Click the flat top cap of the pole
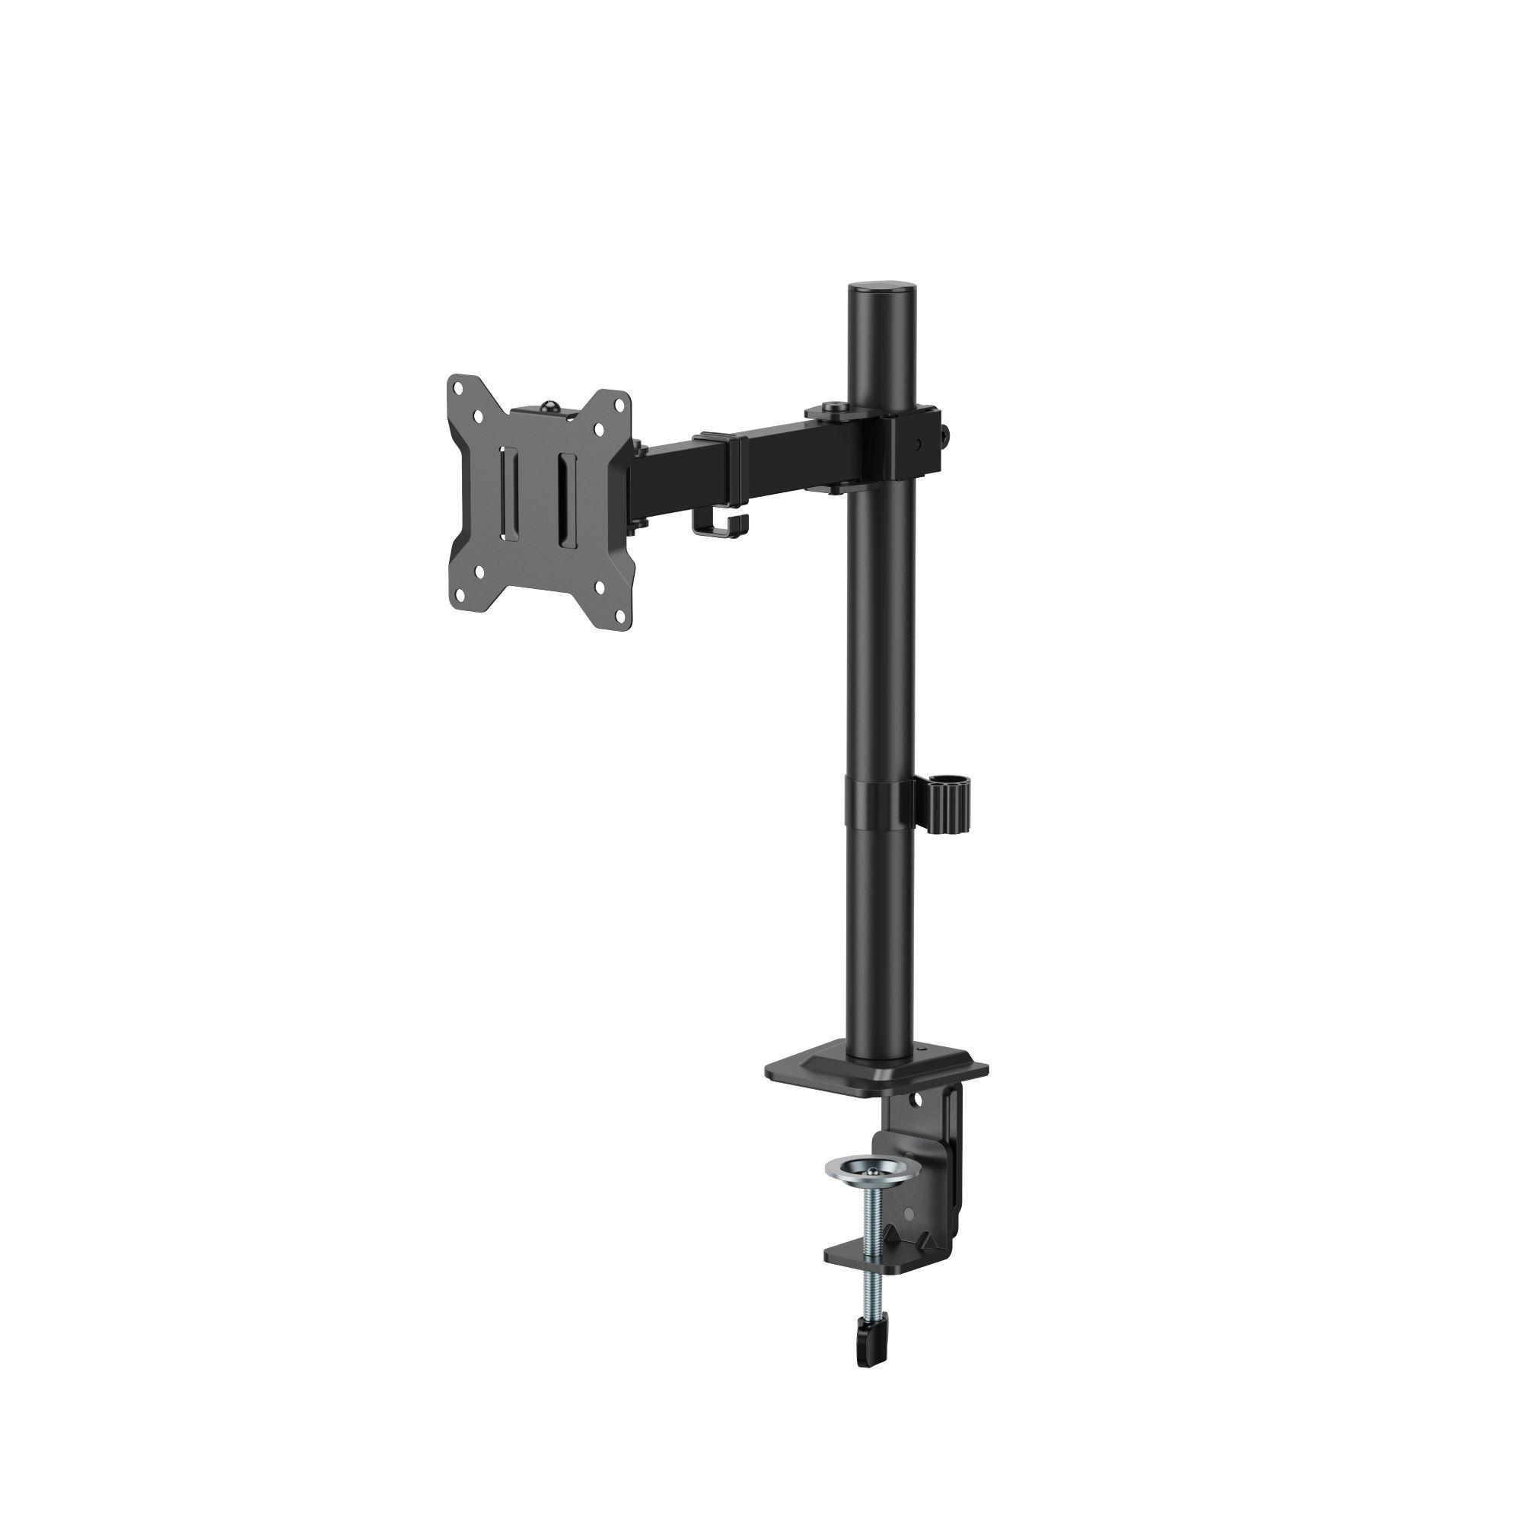click(x=882, y=286)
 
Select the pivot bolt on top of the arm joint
click(x=832, y=406)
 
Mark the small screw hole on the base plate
click(x=915, y=1052)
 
